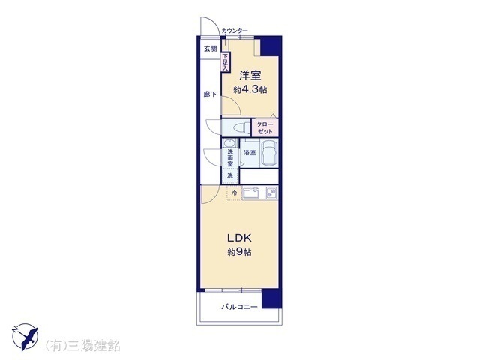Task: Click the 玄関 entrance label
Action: coord(210,49)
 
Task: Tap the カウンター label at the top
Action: coord(235,31)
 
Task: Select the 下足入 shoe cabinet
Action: coord(225,62)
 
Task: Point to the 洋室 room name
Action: coord(250,75)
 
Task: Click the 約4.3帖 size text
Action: coord(250,90)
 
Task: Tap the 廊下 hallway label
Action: coord(210,94)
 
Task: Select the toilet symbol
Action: coord(241,127)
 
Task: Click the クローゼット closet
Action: coord(265,127)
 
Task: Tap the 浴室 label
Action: coord(250,153)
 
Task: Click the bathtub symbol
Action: coord(269,153)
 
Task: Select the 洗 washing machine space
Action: coord(230,176)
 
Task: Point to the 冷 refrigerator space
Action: coord(235,193)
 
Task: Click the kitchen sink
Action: coord(251,193)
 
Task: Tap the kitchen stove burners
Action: coord(271,193)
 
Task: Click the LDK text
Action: coord(239,238)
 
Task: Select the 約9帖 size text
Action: coord(240,252)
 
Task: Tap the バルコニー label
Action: coord(240,307)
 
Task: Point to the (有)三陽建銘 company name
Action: coord(82,345)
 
